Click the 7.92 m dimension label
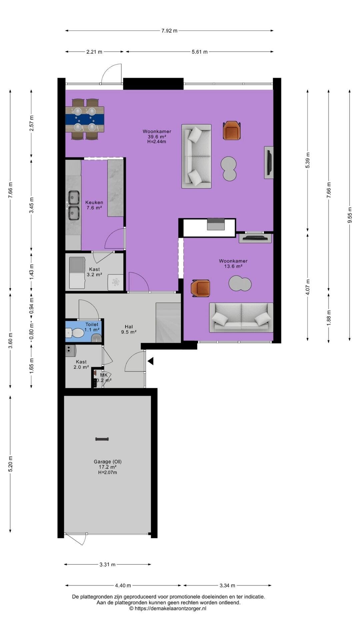(x=169, y=31)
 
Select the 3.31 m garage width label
(x=107, y=564)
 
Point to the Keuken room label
(x=94, y=202)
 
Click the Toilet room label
(x=92, y=324)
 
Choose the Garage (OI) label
(x=107, y=462)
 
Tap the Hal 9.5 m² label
(x=129, y=329)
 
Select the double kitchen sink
(x=74, y=205)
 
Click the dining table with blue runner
(x=85, y=119)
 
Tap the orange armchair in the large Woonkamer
(x=232, y=130)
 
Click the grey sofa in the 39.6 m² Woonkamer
(x=196, y=156)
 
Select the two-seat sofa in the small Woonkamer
(x=241, y=317)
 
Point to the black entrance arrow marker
(x=151, y=361)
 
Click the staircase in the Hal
(x=168, y=323)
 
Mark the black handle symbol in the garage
(x=102, y=439)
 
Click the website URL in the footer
(x=168, y=608)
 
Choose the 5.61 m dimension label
(x=199, y=52)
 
